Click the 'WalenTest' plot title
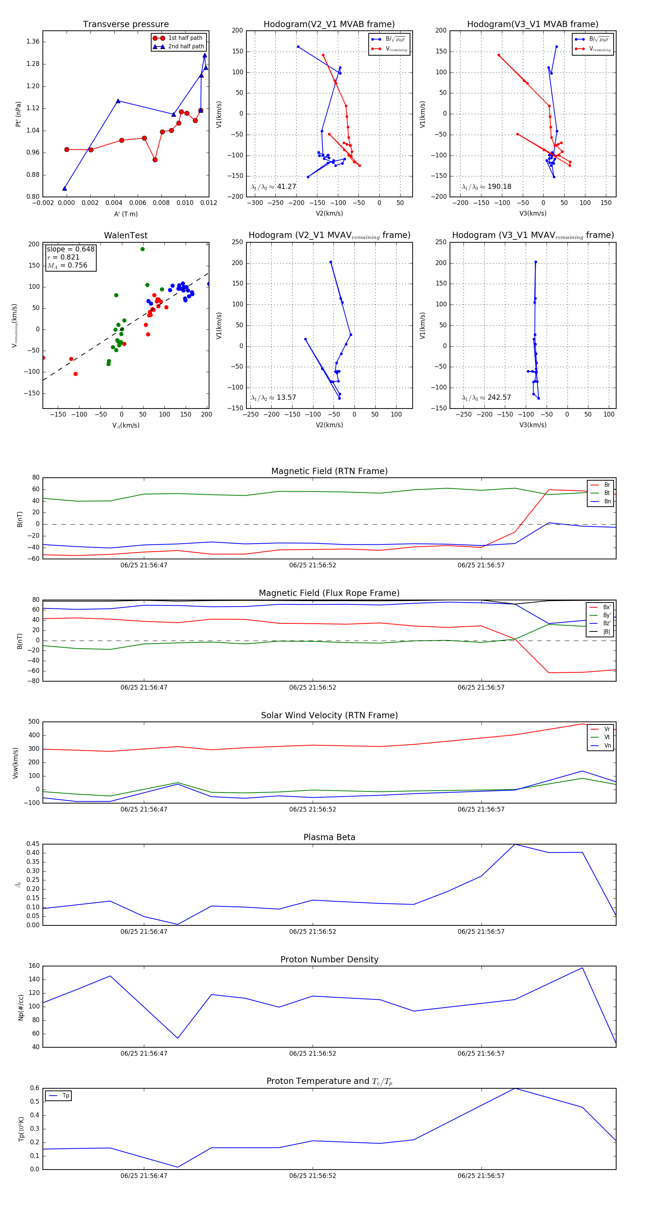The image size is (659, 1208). tap(126, 235)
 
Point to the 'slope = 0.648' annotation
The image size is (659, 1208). tap(70, 249)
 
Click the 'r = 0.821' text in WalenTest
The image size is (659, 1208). tap(63, 257)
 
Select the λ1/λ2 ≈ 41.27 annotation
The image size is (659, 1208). tap(273, 187)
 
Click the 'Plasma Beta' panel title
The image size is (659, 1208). tap(329, 838)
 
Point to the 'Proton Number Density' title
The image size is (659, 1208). tap(329, 959)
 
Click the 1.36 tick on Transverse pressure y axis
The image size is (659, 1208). tap(33, 42)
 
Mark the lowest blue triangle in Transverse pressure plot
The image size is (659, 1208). tap(65, 189)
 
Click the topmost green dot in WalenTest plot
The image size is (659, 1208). tap(142, 249)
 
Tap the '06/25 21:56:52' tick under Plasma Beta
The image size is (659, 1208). tap(312, 932)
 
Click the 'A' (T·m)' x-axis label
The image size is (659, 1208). tap(126, 214)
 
